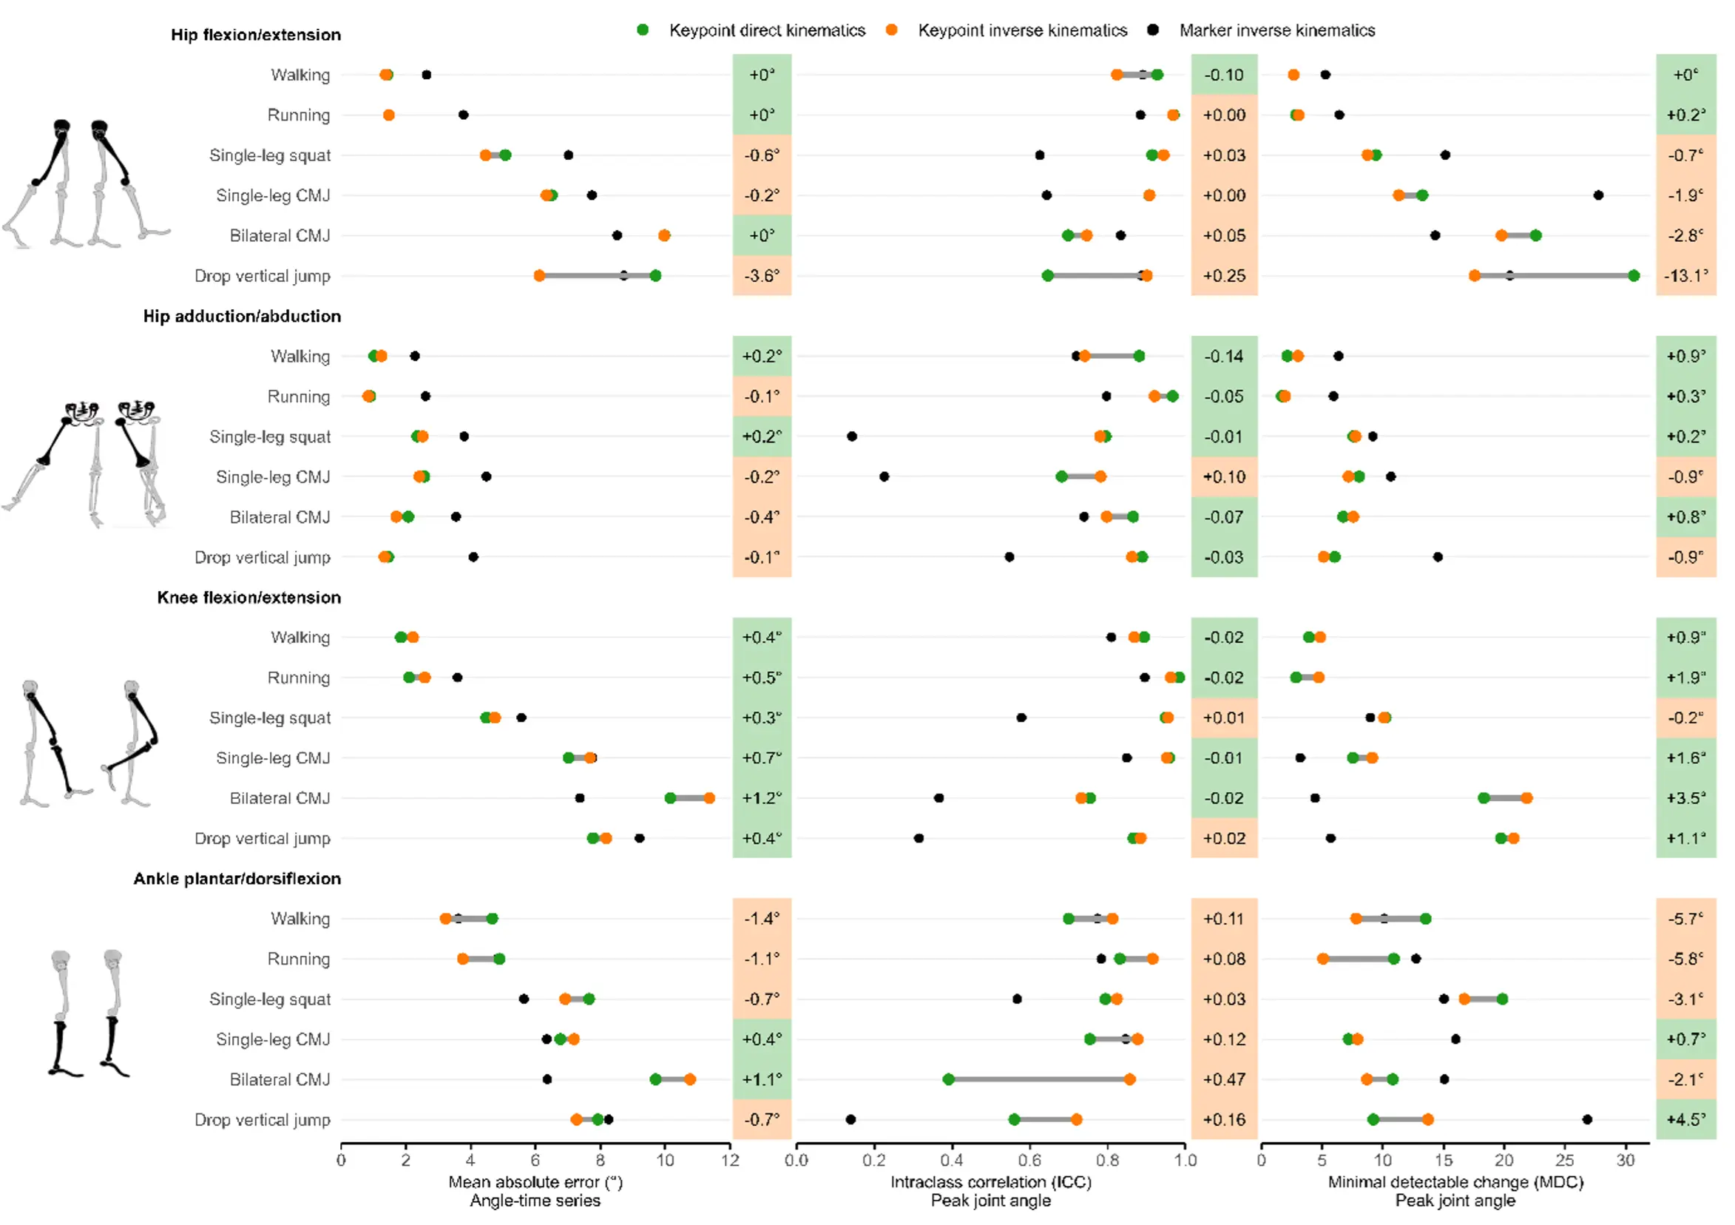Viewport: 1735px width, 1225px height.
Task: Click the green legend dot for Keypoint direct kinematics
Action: coord(643,30)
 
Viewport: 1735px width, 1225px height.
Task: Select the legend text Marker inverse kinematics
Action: coord(1276,30)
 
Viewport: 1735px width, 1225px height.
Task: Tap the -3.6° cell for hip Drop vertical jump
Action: coord(761,276)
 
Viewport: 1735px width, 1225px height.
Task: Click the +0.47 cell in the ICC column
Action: coord(1223,1079)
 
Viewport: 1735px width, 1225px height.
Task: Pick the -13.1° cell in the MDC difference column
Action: coord(1685,276)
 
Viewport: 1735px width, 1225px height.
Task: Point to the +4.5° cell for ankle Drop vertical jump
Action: coord(1685,1119)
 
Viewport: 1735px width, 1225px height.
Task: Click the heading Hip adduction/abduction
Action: coord(242,316)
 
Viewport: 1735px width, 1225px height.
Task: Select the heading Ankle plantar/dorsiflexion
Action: coord(237,878)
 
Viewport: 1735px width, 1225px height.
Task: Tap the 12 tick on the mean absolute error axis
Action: coord(729,1160)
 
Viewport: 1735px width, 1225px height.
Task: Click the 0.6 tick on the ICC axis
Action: coord(1029,1160)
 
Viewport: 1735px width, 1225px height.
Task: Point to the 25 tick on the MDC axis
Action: coord(1564,1160)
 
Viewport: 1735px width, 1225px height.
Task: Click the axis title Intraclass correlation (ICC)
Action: coord(990,1182)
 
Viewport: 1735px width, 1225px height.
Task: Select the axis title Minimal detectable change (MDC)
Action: coord(1455,1182)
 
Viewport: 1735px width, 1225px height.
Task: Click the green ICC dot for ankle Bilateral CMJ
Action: coord(948,1079)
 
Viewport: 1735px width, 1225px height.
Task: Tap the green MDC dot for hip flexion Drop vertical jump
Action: coord(1633,276)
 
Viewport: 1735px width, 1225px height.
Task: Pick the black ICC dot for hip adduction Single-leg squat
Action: coord(852,436)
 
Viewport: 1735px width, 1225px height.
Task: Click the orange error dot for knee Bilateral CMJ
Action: coord(708,798)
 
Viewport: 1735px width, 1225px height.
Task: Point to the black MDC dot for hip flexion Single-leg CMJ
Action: coord(1598,195)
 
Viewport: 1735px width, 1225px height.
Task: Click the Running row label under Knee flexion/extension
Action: coord(299,678)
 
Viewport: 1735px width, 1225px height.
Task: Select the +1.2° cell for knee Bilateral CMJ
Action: coord(761,798)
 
